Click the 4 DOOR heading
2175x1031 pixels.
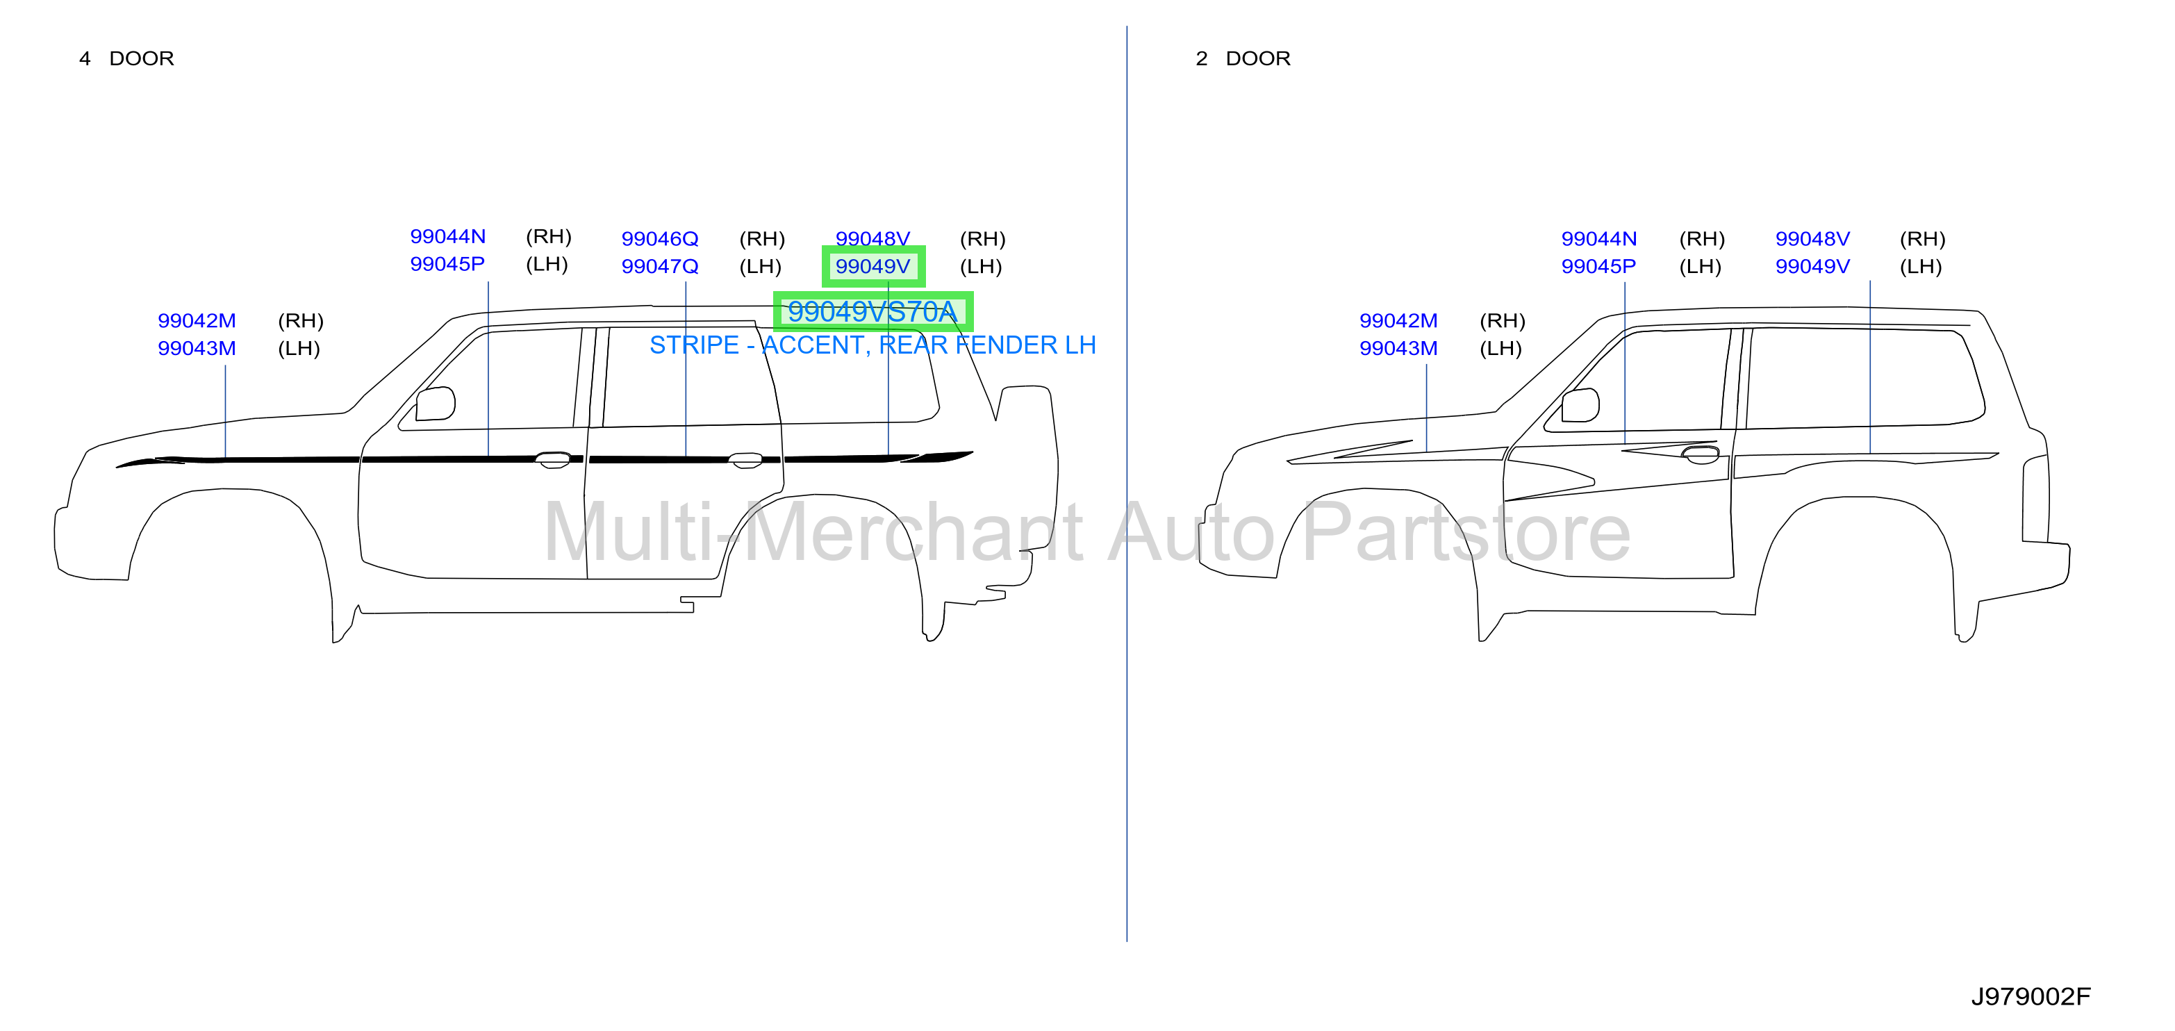[126, 58]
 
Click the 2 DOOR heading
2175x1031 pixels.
[1243, 58]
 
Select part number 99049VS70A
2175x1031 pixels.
[873, 311]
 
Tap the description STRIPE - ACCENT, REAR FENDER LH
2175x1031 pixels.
[873, 345]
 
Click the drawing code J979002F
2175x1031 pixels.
[2031, 996]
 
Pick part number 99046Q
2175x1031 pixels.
[659, 239]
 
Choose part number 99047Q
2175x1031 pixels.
[659, 267]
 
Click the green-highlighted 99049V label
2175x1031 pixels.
[873, 267]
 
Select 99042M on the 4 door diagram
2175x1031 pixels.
[197, 321]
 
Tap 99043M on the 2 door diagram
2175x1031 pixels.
[1398, 349]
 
